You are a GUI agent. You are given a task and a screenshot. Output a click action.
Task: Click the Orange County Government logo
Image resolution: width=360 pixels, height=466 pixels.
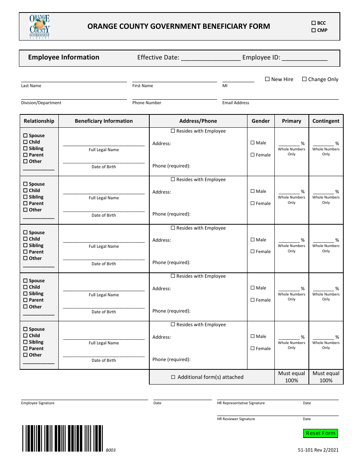40,27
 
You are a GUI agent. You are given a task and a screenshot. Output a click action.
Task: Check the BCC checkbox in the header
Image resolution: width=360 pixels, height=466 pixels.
313,23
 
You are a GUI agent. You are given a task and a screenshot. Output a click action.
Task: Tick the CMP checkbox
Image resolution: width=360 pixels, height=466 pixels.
313,30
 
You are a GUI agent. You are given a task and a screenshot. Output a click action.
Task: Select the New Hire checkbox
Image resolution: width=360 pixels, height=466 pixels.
267,79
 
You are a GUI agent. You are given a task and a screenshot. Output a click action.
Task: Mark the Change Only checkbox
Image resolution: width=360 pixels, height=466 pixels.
304,79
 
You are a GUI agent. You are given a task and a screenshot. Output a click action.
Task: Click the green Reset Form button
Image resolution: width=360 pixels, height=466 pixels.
320,433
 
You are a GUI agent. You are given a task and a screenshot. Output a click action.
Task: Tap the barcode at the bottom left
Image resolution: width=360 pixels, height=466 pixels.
63,438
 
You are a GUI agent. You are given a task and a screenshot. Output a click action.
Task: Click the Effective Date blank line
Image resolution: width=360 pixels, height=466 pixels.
210,58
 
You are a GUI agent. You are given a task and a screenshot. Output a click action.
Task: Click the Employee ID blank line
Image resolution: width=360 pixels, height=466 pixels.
305,58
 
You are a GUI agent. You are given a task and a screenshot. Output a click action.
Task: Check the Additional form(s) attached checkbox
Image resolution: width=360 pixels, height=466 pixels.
173,377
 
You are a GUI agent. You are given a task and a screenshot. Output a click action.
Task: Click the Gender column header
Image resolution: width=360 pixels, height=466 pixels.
261,121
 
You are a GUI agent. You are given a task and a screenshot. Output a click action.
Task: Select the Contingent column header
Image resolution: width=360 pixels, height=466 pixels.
326,121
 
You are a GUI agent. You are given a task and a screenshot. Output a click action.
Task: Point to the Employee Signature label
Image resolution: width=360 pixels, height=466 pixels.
38,403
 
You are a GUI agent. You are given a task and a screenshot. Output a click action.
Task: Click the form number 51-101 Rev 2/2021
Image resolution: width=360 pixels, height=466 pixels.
318,450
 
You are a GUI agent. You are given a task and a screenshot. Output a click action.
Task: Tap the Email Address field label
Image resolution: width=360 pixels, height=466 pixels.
236,103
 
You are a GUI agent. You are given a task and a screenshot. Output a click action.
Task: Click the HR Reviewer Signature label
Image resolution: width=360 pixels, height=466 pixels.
236,419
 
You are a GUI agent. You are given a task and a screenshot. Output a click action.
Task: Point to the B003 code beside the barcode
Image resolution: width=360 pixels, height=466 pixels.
111,450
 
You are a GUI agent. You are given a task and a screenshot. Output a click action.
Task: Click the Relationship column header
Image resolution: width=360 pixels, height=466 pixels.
39,121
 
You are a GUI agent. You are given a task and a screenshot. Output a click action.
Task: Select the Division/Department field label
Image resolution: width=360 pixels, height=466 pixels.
41,103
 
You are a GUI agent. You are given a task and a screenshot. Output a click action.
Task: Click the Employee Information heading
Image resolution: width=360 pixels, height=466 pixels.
64,57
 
